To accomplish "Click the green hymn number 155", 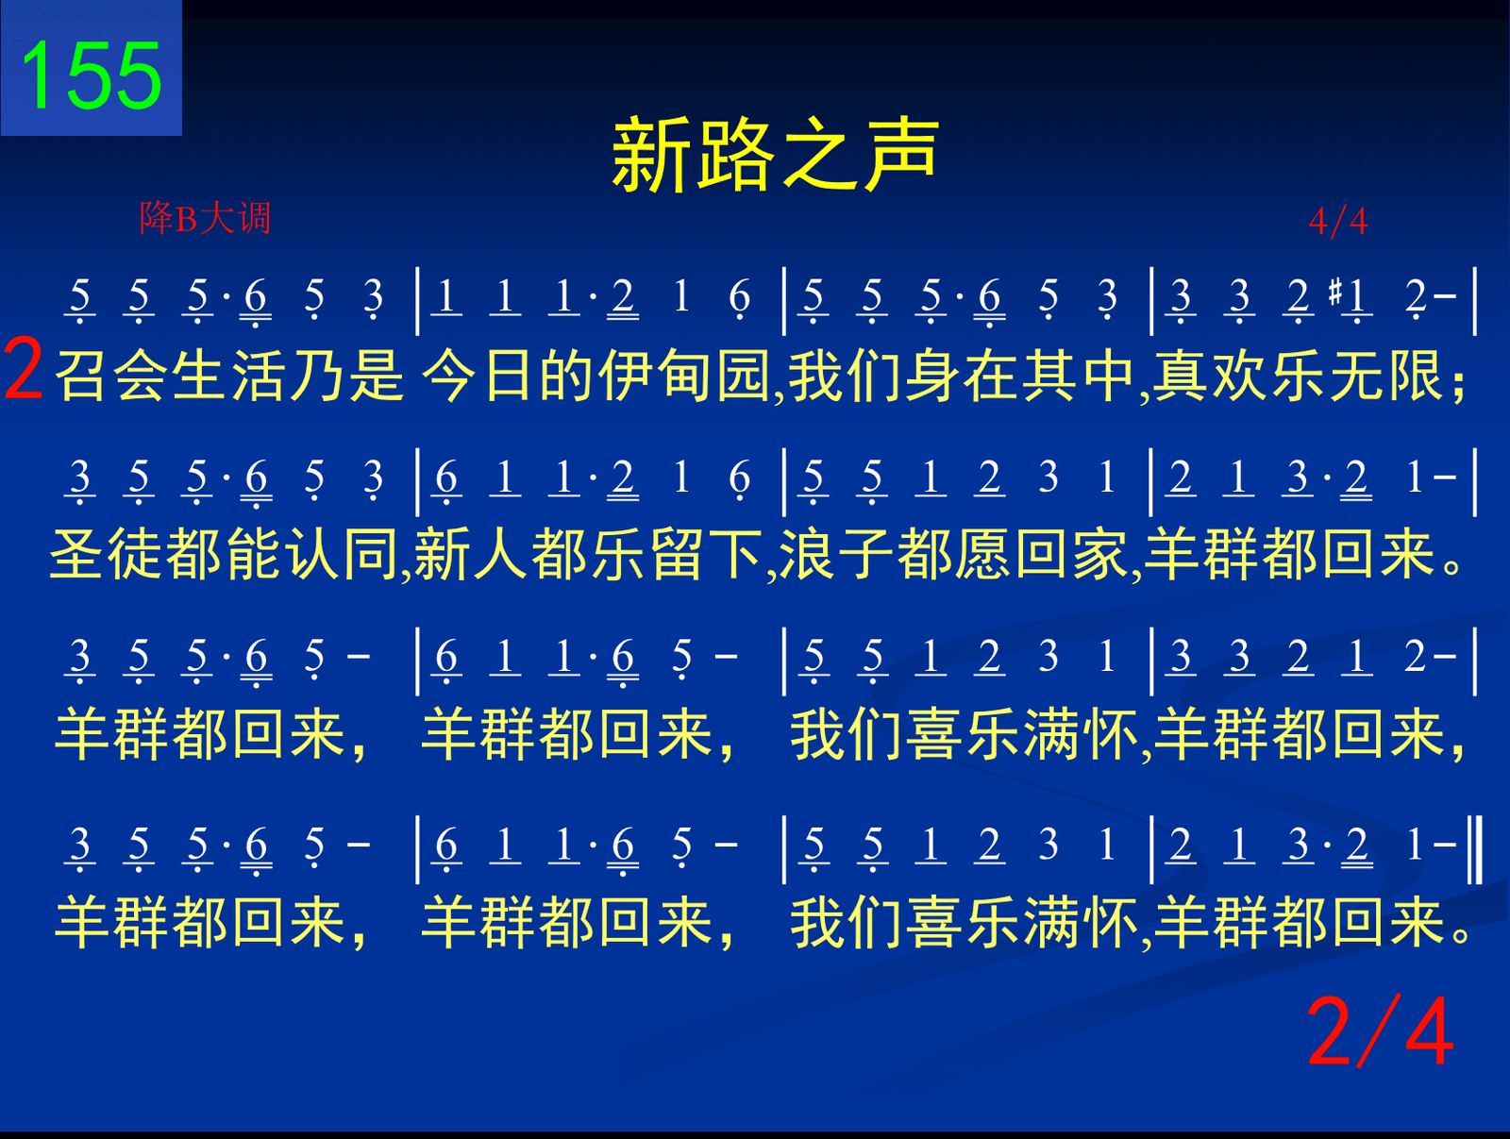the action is click(92, 75).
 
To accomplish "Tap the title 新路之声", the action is click(776, 154).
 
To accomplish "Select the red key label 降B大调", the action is click(205, 218).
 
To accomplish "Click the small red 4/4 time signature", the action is click(1338, 222).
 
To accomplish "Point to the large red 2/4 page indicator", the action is click(1380, 1031).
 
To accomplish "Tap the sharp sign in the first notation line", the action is click(1335, 292).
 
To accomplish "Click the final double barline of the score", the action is click(1474, 849).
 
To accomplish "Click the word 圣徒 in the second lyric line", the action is click(106, 554).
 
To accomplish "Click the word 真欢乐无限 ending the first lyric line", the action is click(1300, 376).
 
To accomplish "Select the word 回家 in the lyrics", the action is click(1072, 554).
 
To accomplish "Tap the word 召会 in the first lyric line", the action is click(111, 376).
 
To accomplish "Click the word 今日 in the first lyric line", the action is click(478, 376).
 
